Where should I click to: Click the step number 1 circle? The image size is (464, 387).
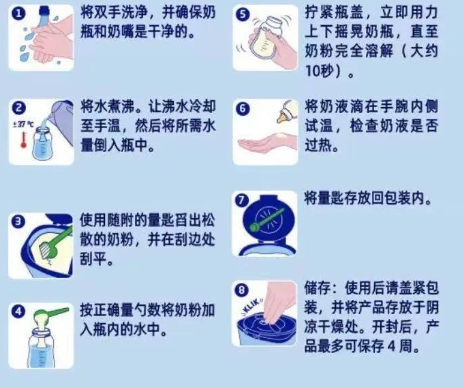(18, 14)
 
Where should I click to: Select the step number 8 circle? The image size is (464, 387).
(242, 290)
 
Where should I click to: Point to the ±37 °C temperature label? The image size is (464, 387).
(23, 124)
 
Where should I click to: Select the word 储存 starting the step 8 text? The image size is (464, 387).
(317, 288)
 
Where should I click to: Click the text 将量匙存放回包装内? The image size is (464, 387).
(368, 198)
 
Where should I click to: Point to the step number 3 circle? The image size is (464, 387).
(18, 222)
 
